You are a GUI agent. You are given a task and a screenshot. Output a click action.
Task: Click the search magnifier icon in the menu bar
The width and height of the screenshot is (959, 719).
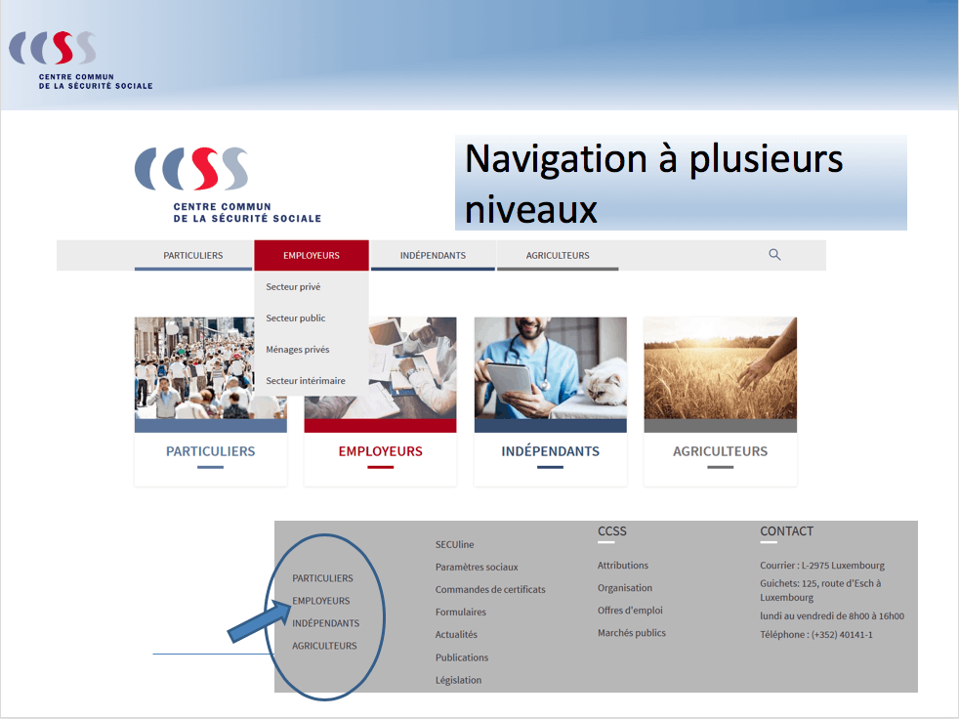click(774, 255)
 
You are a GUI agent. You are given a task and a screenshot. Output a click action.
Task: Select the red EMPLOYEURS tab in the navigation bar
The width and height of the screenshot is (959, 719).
click(312, 256)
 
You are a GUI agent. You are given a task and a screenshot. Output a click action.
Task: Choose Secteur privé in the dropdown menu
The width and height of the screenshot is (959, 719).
click(293, 287)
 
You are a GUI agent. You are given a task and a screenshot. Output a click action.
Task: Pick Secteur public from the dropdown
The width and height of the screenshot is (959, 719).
click(296, 318)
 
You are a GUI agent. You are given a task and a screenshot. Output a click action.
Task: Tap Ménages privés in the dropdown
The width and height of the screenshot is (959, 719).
click(298, 350)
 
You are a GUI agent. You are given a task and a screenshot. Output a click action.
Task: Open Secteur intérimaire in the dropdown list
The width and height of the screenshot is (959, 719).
click(306, 381)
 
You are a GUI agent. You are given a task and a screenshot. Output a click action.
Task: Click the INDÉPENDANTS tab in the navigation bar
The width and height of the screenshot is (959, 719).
click(433, 256)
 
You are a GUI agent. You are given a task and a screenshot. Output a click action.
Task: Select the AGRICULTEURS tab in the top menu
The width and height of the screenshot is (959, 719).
click(558, 256)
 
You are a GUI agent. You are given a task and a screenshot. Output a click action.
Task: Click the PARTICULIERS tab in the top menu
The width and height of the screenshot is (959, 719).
click(192, 256)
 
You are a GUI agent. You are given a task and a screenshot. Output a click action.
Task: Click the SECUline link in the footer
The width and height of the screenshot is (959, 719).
click(454, 545)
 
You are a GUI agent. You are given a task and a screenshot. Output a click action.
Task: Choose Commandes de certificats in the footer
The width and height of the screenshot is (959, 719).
click(490, 590)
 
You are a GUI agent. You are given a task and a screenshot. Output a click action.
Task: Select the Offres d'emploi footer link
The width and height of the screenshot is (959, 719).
click(630, 611)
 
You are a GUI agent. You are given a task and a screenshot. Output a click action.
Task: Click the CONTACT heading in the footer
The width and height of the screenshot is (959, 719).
click(786, 531)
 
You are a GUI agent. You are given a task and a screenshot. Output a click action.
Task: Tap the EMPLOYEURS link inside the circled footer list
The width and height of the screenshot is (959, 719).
click(320, 601)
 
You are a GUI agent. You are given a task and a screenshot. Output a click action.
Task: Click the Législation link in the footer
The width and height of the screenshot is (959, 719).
click(458, 680)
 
